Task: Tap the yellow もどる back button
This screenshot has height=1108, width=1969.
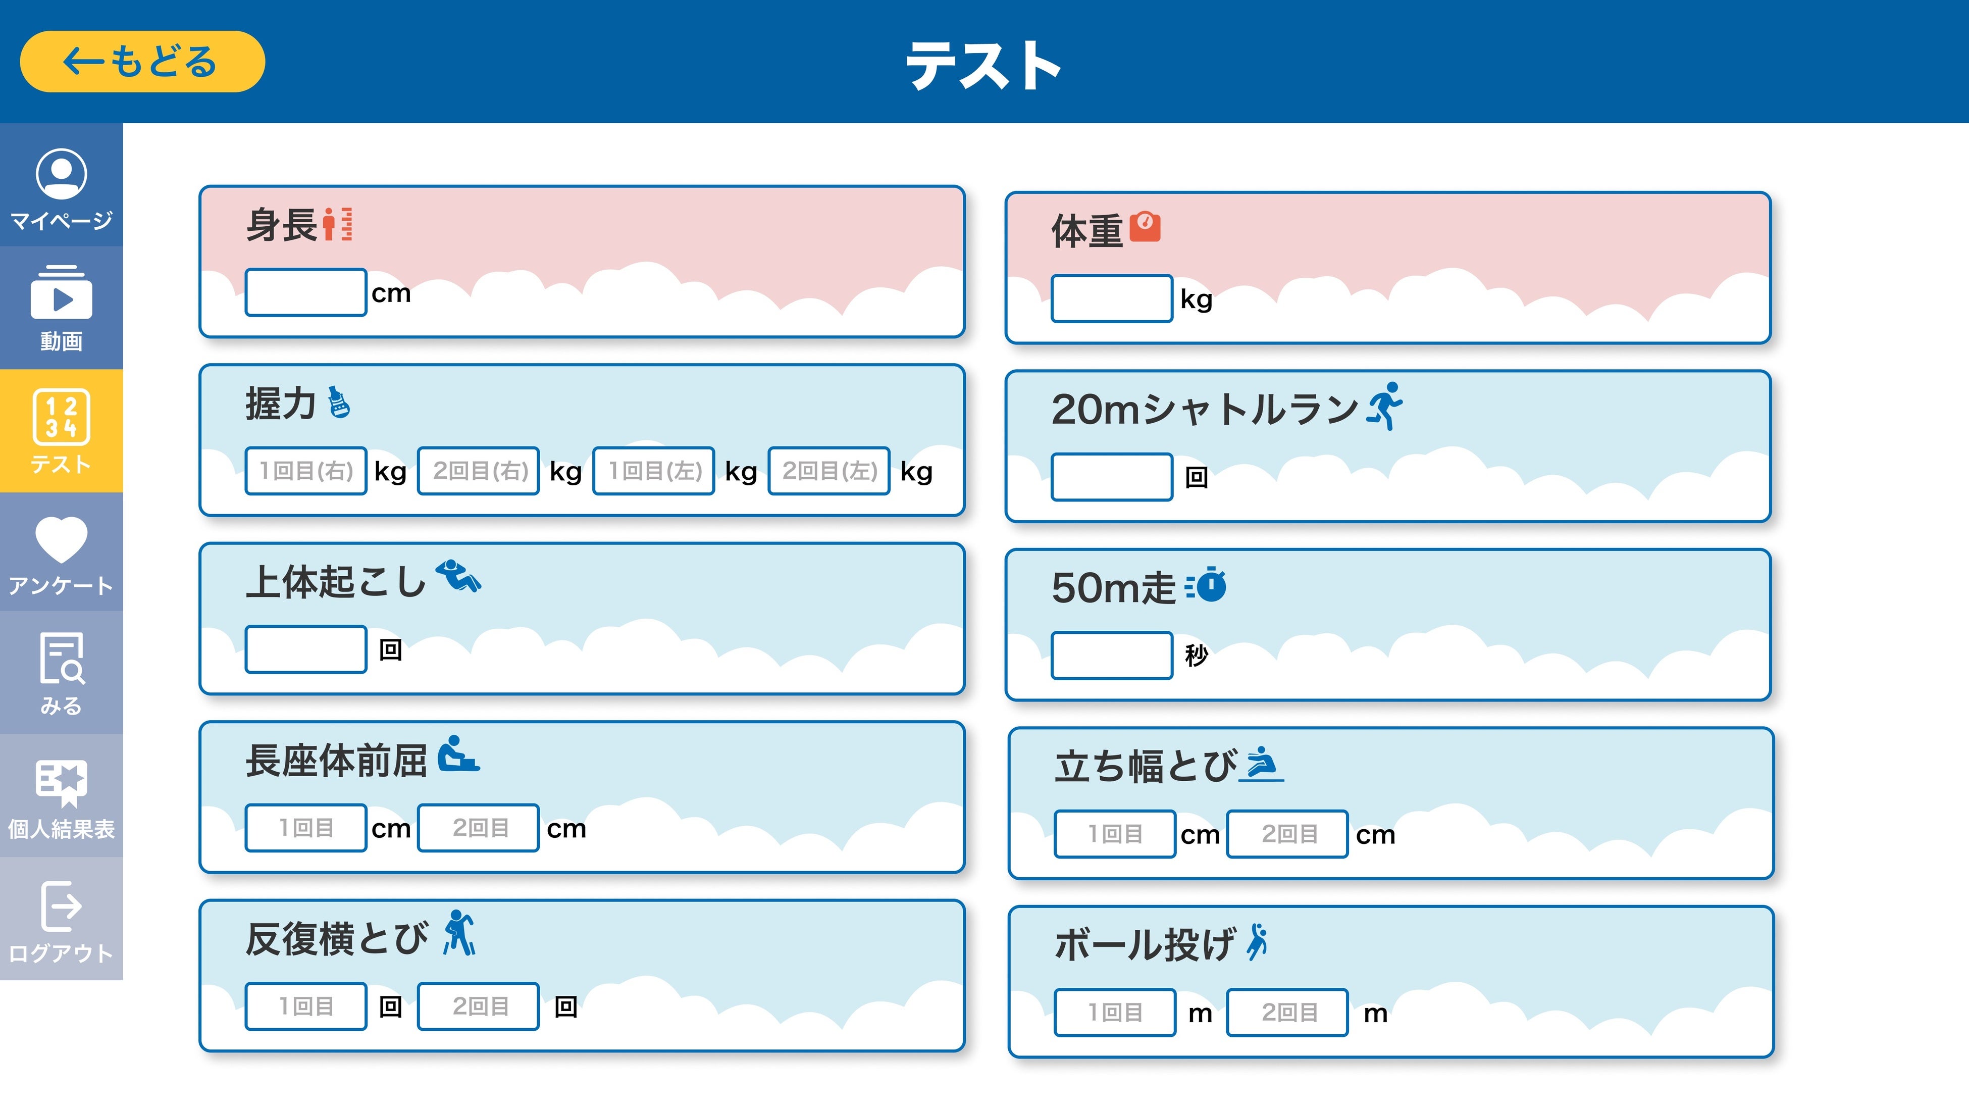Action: click(142, 62)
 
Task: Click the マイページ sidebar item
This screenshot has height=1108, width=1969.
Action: click(61, 188)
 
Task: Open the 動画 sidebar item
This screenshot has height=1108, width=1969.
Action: click(61, 308)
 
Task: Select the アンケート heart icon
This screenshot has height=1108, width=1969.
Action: click(61, 539)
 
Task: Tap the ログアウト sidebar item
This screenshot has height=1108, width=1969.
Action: click(61, 919)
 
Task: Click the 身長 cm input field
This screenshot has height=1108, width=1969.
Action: click(306, 292)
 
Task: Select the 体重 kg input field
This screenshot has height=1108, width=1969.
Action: click(1111, 298)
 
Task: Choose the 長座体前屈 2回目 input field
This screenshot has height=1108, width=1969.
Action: click(479, 827)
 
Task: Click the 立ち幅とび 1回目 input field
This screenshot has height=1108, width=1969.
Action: click(1114, 833)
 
